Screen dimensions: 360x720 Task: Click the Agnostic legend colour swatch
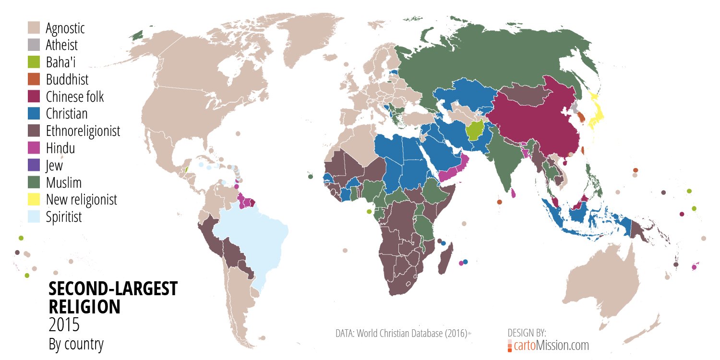(34, 28)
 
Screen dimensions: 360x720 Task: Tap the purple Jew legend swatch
(34, 165)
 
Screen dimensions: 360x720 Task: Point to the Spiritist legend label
(64, 217)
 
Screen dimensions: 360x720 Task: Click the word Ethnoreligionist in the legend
(83, 131)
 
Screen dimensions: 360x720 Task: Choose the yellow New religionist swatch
(34, 200)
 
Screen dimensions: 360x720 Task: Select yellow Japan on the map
(598, 115)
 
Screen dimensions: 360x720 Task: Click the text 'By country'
(76, 344)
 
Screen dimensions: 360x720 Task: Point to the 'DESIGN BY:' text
(527, 333)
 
